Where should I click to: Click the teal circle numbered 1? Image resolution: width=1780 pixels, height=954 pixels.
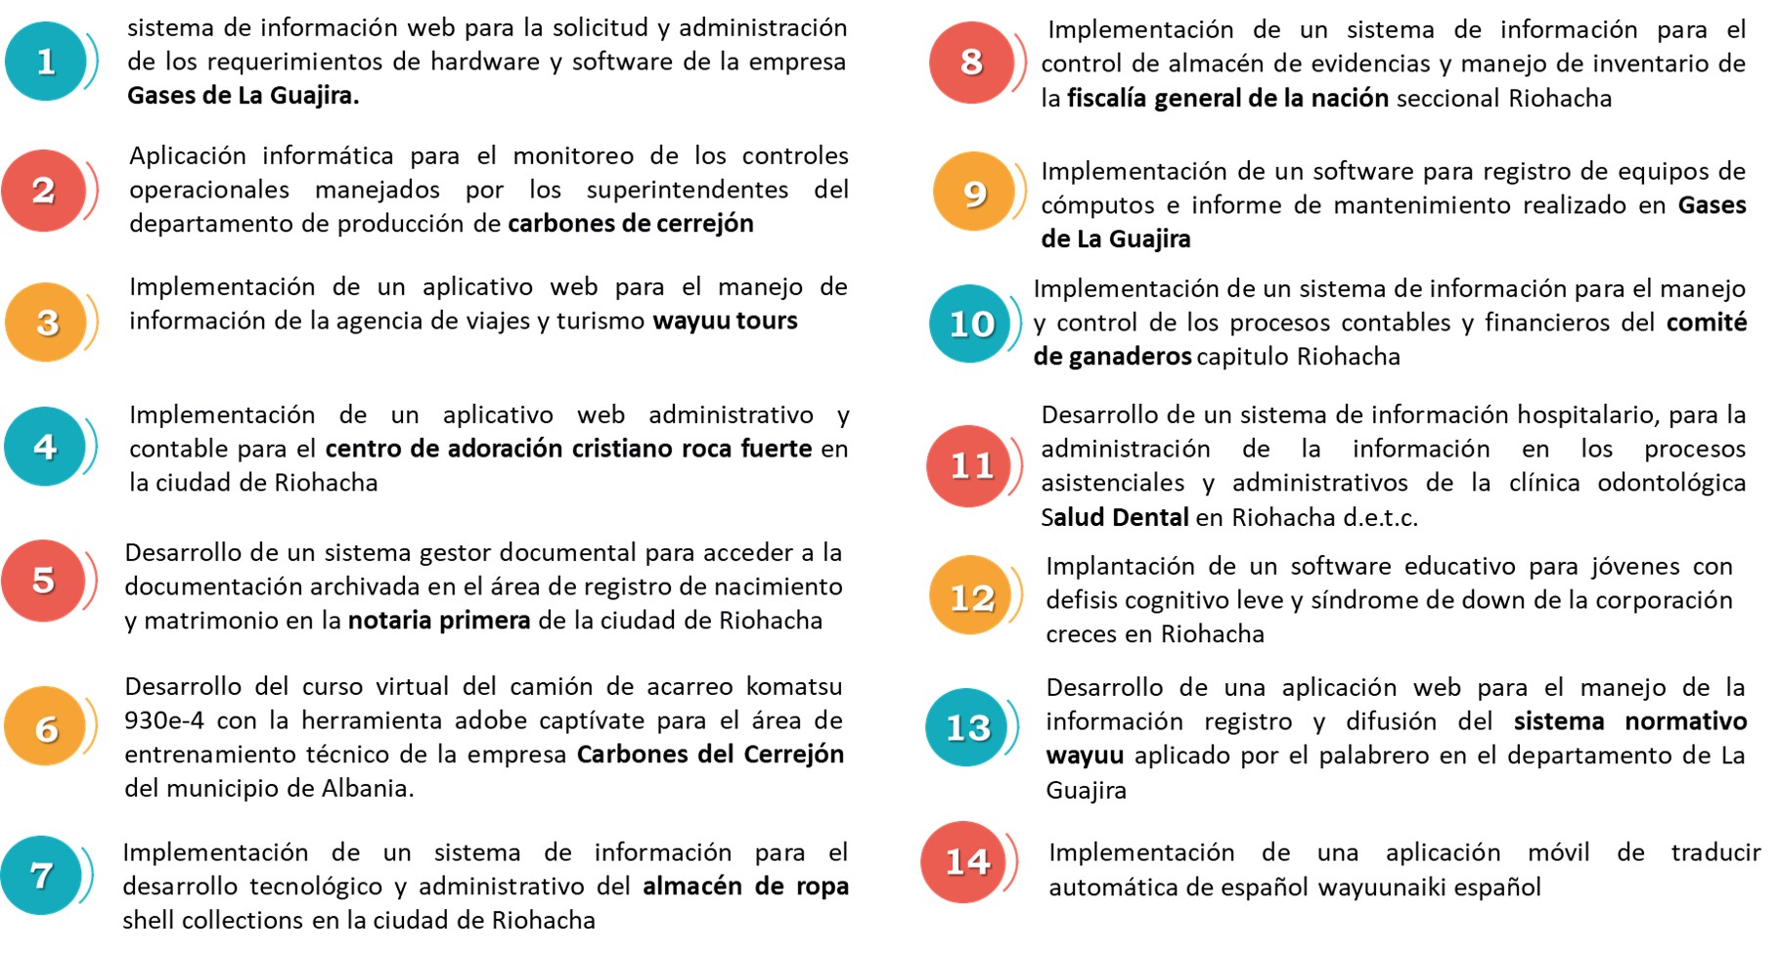[46, 62]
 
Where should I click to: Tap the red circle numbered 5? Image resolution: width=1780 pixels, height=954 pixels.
[43, 581]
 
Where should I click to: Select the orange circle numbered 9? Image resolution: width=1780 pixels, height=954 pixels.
[973, 193]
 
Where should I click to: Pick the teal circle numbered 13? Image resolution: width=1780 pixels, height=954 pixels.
[967, 727]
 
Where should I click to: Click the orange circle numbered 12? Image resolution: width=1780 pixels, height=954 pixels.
[971, 596]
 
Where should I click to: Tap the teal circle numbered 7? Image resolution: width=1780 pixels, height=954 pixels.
[41, 875]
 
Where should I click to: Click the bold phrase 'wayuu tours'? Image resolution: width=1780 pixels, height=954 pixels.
[725, 321]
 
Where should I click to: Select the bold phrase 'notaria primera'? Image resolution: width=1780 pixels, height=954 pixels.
[439, 621]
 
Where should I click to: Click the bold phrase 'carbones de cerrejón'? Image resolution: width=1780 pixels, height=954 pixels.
[631, 224]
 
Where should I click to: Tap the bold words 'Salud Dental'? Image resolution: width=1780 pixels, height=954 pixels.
[1115, 517]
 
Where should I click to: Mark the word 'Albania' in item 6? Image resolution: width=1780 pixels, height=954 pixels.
[367, 788]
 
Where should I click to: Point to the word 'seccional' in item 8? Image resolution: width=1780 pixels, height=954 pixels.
[1448, 99]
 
